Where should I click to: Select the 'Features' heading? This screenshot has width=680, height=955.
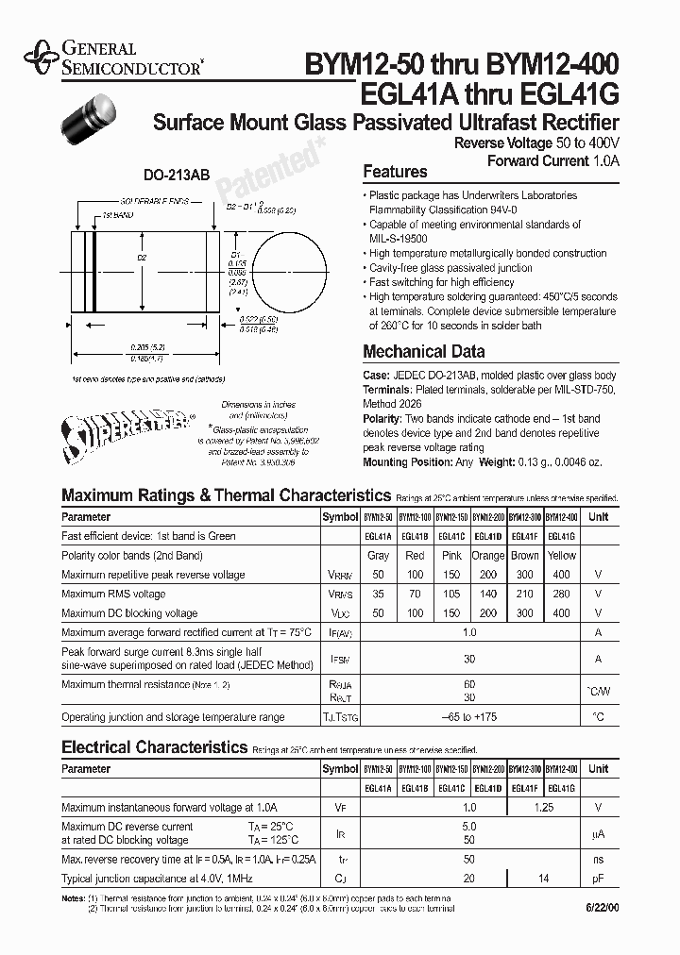pyautogui.click(x=395, y=172)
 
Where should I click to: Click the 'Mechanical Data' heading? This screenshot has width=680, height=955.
pyautogui.click(x=424, y=352)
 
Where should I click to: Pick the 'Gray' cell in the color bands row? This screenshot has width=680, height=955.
pyautogui.click(x=378, y=556)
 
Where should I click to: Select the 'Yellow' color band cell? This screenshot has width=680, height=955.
pyautogui.click(x=562, y=556)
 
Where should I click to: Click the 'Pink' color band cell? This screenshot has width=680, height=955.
pyautogui.click(x=451, y=556)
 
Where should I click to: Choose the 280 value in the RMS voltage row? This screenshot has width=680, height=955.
pyautogui.click(x=562, y=595)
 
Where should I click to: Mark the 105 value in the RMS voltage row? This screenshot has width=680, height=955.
pyautogui.click(x=451, y=595)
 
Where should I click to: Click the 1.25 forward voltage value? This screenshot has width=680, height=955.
pyautogui.click(x=543, y=808)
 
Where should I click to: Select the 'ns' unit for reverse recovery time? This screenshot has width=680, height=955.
pyautogui.click(x=598, y=861)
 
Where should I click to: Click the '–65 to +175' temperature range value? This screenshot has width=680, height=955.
pyautogui.click(x=469, y=717)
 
